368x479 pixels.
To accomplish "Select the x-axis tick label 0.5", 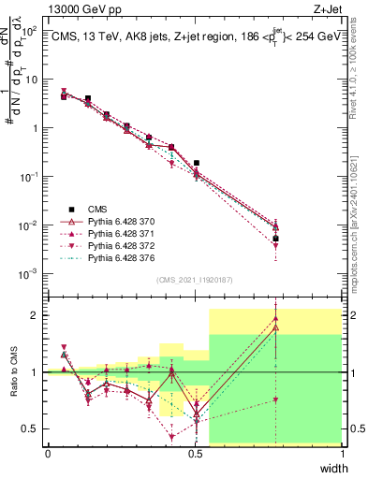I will click(195, 454).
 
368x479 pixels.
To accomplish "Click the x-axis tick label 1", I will click(343, 454).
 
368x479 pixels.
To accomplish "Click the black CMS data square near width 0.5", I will click(196, 163).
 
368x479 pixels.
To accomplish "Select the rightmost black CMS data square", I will click(275, 239).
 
